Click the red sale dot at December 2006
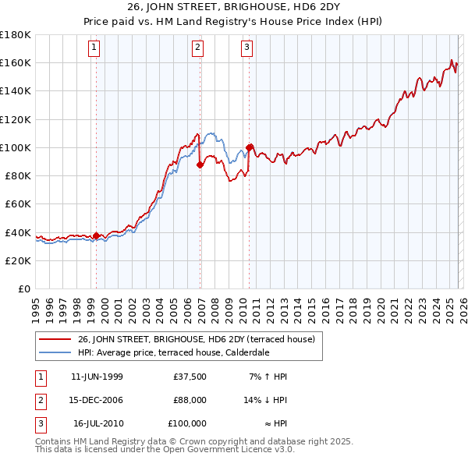[200, 165]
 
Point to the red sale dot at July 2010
[250, 147]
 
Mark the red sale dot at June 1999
[97, 235]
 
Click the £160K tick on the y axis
[16, 62]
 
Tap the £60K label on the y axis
[18, 203]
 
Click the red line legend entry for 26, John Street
[196, 339]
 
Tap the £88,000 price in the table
[190, 400]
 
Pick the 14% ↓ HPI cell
[266, 400]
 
